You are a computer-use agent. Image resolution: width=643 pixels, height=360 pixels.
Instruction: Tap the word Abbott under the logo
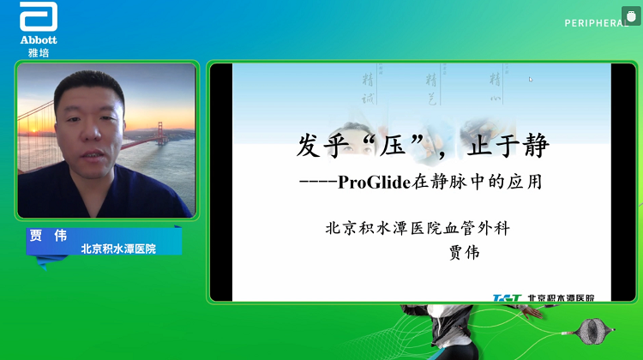[x=38, y=40]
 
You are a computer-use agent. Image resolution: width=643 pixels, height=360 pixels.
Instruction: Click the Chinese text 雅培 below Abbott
[x=38, y=52]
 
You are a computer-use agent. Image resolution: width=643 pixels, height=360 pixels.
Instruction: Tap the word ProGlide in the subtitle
[x=372, y=182]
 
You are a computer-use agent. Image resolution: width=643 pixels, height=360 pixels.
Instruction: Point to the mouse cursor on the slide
[x=531, y=80]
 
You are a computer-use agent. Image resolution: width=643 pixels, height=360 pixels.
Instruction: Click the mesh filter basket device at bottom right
[x=593, y=327]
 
